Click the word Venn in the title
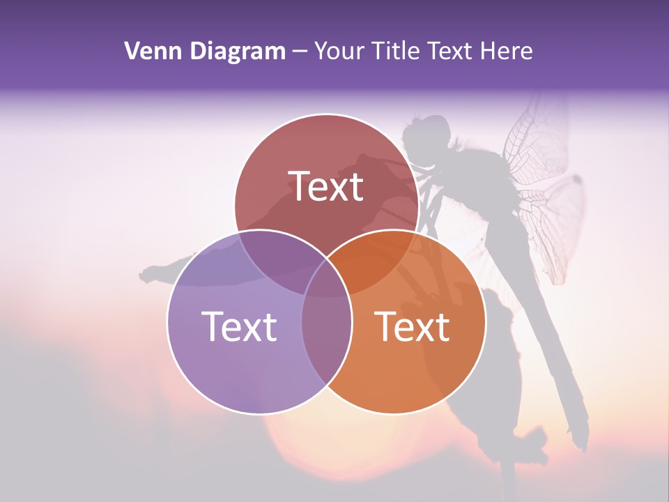click(149, 51)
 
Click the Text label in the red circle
click(326, 186)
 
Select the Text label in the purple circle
click(239, 326)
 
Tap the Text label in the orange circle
click(412, 326)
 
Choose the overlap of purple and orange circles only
click(326, 342)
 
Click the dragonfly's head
click(426, 132)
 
